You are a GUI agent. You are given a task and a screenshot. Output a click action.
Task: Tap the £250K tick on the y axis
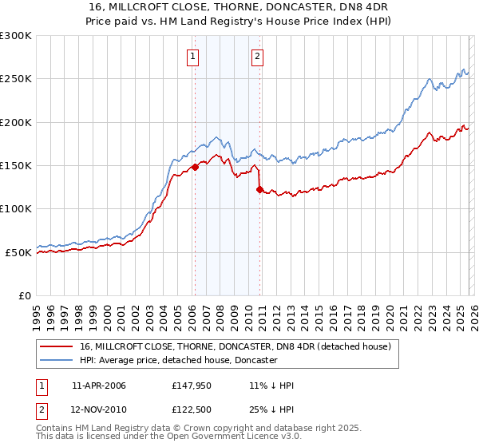click(16, 79)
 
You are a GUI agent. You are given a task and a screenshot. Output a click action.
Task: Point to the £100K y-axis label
click(16, 208)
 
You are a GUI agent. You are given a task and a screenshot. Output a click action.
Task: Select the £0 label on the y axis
click(24, 295)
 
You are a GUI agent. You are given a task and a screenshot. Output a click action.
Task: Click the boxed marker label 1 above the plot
click(194, 56)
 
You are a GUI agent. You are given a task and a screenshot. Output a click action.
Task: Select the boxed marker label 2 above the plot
click(258, 56)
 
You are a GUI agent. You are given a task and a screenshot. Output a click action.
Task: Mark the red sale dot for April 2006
click(195, 168)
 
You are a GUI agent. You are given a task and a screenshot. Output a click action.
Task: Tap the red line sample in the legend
click(58, 346)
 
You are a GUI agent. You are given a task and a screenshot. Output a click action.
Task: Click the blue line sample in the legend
click(58, 361)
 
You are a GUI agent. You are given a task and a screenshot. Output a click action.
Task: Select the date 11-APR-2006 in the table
click(98, 386)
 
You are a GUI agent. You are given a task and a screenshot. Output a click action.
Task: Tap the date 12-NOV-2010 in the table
click(98, 409)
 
